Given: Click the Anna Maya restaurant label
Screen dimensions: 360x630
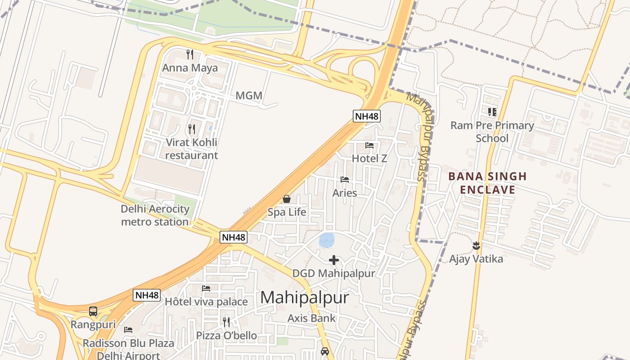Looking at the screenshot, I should coord(190,68).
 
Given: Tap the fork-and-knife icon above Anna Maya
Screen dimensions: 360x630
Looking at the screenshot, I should coord(190,54).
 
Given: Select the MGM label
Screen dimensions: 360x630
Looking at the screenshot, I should coord(249,96).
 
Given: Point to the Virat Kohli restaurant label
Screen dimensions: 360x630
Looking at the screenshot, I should coord(192,149).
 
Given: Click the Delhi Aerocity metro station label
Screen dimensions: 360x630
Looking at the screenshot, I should coord(155,215).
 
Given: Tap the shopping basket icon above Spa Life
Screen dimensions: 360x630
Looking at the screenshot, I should coord(287,199).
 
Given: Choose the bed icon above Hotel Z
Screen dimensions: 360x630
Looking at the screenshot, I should coord(369,145).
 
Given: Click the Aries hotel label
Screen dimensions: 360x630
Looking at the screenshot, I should coord(345,193).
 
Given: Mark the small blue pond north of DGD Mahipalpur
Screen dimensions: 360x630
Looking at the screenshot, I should coord(327,240).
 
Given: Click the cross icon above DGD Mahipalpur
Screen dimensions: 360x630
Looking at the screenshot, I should coord(334,260).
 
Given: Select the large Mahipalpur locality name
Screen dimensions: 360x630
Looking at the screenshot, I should coord(305,297).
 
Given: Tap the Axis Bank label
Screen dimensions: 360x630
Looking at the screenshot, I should coord(312,318).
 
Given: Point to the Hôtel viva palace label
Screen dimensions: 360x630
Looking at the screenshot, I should coord(206,301).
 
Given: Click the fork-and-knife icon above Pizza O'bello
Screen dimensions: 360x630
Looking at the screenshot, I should coord(226,322).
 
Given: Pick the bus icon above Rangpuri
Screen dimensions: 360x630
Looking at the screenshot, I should coord(93,311).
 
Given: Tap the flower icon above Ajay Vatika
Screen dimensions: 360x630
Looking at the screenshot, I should coord(476,246).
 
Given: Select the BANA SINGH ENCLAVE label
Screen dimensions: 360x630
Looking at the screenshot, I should coord(481,183).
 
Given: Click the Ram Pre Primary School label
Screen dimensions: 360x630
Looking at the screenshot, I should coord(492,132).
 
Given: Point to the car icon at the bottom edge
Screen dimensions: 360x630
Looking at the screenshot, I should coord(325,351).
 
